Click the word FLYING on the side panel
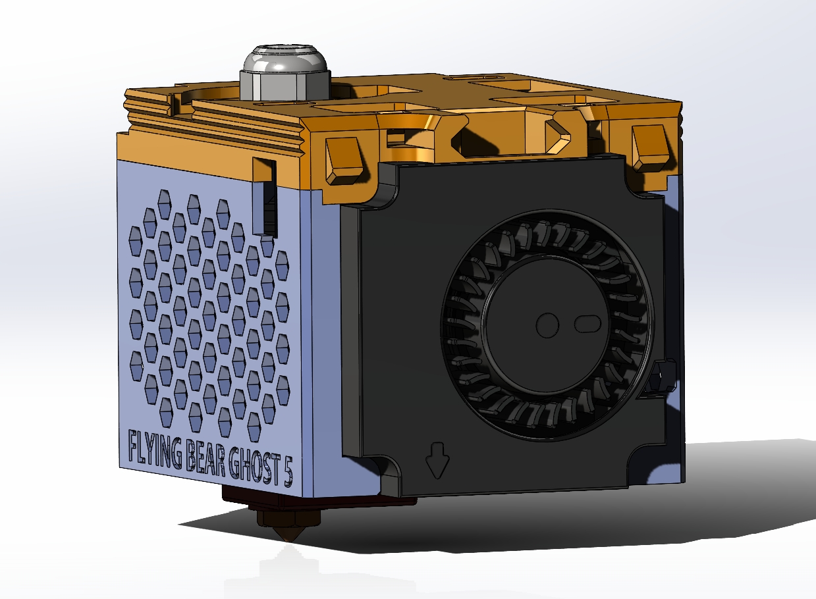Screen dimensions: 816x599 [x=155, y=450]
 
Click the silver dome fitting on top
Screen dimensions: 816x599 [x=285, y=61]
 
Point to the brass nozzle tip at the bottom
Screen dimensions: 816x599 [x=288, y=533]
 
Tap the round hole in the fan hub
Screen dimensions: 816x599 [x=547, y=325]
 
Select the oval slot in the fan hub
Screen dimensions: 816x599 [x=587, y=324]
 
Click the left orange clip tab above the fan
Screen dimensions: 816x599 [x=344, y=160]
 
